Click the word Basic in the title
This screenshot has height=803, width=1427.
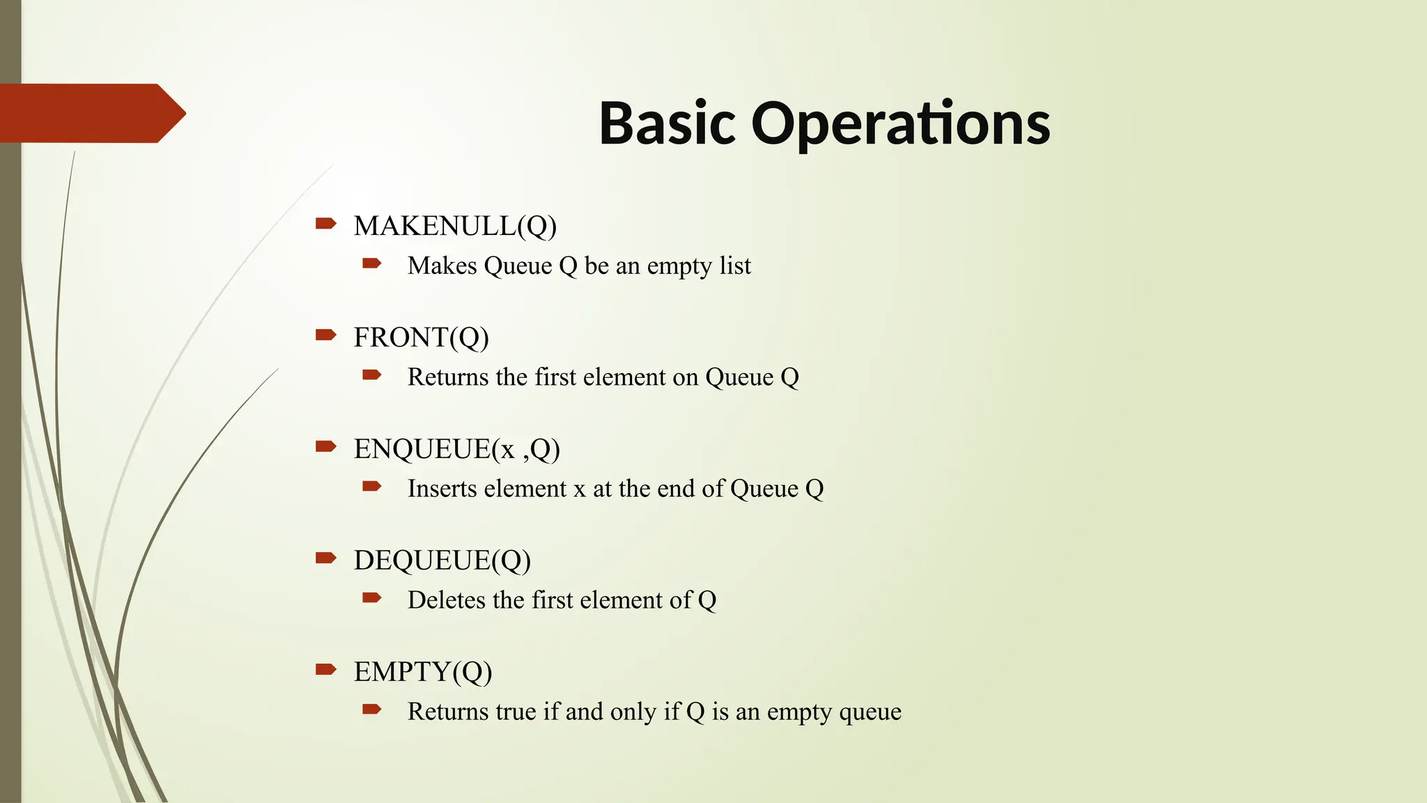(667, 123)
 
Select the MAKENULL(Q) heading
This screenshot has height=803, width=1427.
(455, 226)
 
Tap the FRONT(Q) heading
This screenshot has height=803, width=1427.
(421, 337)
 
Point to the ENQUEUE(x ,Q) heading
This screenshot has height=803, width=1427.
(456, 449)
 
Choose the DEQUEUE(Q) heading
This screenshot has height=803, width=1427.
(442, 560)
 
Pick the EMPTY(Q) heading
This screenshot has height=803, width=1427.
(422, 672)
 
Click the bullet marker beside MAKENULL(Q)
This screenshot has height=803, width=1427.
(325, 223)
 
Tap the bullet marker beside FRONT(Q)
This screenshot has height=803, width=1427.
(325, 335)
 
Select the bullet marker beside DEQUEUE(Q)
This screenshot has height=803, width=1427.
(325, 558)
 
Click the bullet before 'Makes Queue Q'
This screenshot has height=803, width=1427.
(371, 263)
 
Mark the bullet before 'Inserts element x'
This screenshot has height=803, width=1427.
(371, 487)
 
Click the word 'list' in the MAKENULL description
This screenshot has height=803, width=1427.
(735, 266)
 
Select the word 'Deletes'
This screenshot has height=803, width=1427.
(447, 600)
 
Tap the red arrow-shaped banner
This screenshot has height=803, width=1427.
(91, 113)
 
